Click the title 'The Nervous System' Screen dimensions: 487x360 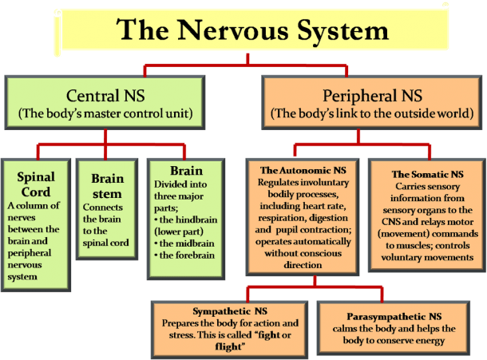pos(252,31)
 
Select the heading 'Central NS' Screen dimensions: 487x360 pos(105,95)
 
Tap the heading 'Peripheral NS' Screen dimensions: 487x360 pos(372,95)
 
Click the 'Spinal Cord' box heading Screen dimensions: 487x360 pos(36,184)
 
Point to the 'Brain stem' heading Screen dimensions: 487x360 pos(107,186)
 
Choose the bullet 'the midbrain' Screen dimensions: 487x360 pos(184,243)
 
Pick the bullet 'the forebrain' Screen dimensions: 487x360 pos(184,255)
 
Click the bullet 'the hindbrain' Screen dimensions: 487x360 pos(186,220)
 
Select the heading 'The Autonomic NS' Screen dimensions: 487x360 pos(303,170)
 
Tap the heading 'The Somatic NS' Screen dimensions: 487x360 pos(427,174)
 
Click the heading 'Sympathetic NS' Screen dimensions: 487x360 pos(230,311)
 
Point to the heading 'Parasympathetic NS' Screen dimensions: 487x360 pos(394,317)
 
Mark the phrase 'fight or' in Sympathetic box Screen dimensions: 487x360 pos(275,335)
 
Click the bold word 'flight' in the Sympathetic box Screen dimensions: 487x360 pos(228,346)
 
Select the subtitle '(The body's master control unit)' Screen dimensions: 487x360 pos(105,113)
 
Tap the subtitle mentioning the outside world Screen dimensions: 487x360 pos(372,113)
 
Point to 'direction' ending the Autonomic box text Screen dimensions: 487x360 pos(303,265)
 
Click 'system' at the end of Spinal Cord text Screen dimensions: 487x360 pos(22,277)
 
